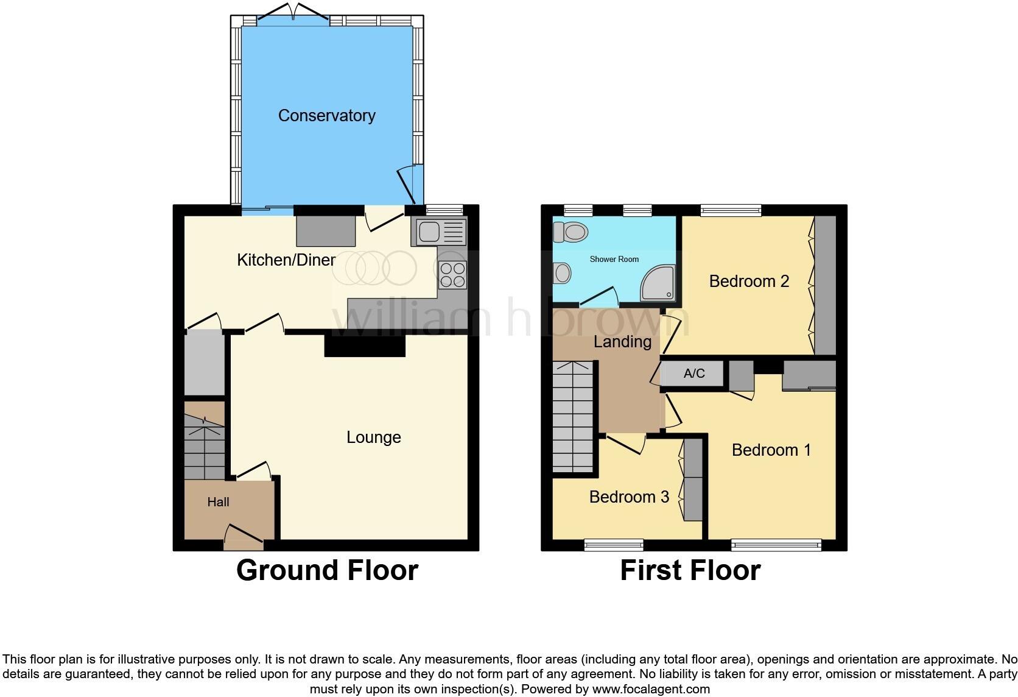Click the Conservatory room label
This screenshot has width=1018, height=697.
coord(326,116)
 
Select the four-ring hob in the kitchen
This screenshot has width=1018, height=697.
coord(452,274)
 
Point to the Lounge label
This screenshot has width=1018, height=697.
coord(373,437)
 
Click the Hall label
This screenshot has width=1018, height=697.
coord(218,502)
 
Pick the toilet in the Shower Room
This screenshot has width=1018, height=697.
coord(570,232)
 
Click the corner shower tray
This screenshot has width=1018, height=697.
coord(658,283)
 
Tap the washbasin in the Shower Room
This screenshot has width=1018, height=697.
coord(561,273)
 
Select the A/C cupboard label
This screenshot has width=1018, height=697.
coord(693,373)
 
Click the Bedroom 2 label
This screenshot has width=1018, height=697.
coord(749,281)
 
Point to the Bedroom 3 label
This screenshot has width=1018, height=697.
coord(629,497)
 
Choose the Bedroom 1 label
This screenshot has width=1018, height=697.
coord(771,450)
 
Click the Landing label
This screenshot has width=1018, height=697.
coord(622,342)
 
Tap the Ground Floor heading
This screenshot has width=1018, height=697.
coord(327,570)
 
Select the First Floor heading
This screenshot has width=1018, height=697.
coord(690,570)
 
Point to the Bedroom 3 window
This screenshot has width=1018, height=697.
coord(614,545)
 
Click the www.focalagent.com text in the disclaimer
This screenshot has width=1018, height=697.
coord(650,690)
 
